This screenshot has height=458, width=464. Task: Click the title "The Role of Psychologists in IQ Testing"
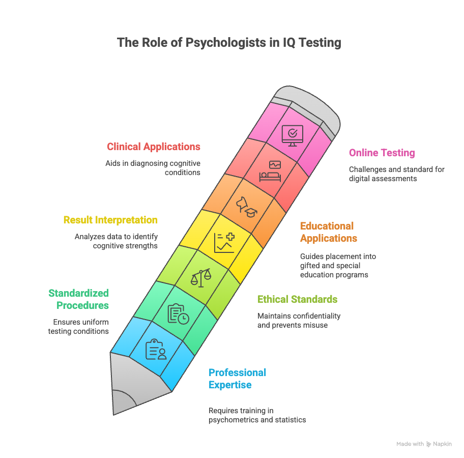pos(229,42)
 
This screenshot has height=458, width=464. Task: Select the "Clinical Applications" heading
pos(153,147)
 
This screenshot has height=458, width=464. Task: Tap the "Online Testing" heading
pos(382,153)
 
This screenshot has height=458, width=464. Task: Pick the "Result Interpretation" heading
pos(110,220)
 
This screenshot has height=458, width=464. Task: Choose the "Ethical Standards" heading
pos(297,299)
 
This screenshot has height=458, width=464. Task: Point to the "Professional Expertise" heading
pos(237,379)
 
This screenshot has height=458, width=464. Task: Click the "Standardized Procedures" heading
pos(79,299)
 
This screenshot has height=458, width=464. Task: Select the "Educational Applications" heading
pos(328,232)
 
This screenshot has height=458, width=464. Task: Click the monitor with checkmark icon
pos(292,135)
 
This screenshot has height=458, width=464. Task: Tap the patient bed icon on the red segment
pos(270,171)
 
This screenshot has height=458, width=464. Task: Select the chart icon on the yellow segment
pos(224,243)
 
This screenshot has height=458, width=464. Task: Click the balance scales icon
pos(200,278)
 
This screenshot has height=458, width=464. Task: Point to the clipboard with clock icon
pos(178,313)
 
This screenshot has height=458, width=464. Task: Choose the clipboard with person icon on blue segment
pos(156,350)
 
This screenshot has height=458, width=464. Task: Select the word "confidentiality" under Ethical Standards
pos(314,316)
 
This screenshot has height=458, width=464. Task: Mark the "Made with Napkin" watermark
pos(424,444)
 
